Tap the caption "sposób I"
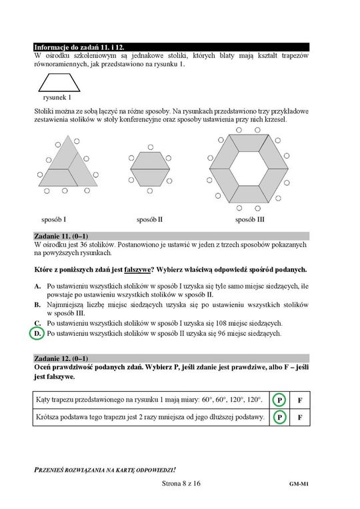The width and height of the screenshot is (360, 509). tap(53, 220)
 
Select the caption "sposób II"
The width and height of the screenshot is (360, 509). tap(149, 220)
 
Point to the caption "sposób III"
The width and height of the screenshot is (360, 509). tap(250, 220)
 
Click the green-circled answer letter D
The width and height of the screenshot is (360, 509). tap(37, 333)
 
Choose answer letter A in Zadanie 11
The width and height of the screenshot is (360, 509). tap(38, 286)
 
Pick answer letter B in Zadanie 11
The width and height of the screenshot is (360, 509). tap(38, 305)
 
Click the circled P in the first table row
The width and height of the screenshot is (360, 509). tap(279, 400)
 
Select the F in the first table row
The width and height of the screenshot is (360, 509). tap(300, 400)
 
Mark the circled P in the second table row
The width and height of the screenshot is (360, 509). tap(279, 417)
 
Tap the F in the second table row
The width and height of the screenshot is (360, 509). tap(300, 418)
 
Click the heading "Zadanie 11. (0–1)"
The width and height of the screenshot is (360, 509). tap(61, 237)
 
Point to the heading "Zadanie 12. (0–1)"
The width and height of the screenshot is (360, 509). tap(61, 358)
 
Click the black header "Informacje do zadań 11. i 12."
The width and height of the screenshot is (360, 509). tap(79, 47)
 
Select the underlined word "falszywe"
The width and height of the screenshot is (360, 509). tap(137, 270)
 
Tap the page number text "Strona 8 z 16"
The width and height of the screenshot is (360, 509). tap(181, 484)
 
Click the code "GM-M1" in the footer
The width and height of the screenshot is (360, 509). tap(299, 484)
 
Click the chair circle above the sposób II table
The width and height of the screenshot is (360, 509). tap(150, 147)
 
